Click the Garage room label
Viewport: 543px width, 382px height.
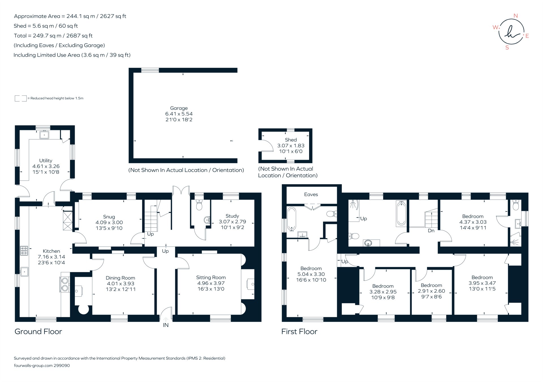(179, 108)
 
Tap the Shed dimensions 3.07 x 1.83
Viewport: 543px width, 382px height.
(291, 146)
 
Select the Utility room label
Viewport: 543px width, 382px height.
(46, 160)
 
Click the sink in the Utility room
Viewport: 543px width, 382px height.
(44, 135)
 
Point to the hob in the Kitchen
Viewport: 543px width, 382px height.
(24, 251)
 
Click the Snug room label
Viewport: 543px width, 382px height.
(109, 217)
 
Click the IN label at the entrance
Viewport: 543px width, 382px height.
(166, 325)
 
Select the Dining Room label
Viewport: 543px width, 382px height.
(120, 278)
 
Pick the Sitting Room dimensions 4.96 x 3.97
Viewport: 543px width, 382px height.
(211, 283)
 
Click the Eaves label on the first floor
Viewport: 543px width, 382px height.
(311, 194)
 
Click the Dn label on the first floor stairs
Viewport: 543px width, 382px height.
(431, 230)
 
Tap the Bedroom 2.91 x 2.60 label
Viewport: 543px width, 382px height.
(431, 285)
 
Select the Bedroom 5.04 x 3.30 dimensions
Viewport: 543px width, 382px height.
(311, 274)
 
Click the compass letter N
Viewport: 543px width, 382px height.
(516, 16)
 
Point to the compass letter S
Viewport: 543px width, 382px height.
(507, 48)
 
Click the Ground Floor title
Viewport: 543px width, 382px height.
(38, 331)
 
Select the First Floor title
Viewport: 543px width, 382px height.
(299, 331)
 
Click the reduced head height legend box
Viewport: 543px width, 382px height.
(20, 98)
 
